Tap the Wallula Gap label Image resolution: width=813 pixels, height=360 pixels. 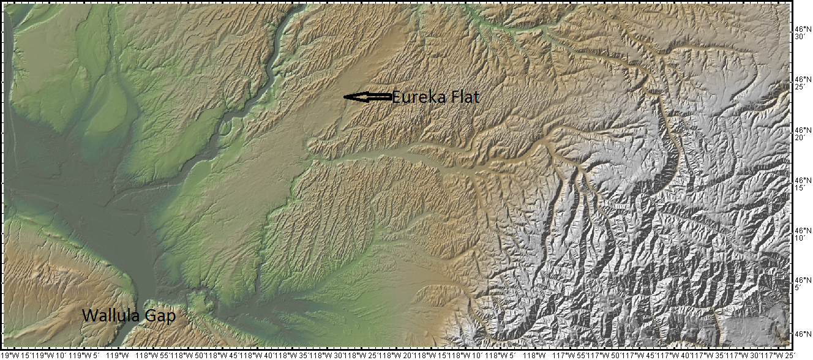click(x=129, y=317)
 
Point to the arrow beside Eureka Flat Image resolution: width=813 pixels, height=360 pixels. click(x=367, y=97)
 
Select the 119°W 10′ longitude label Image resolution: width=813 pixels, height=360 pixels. click(x=54, y=355)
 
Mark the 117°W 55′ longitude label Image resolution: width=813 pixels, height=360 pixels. click(x=573, y=355)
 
